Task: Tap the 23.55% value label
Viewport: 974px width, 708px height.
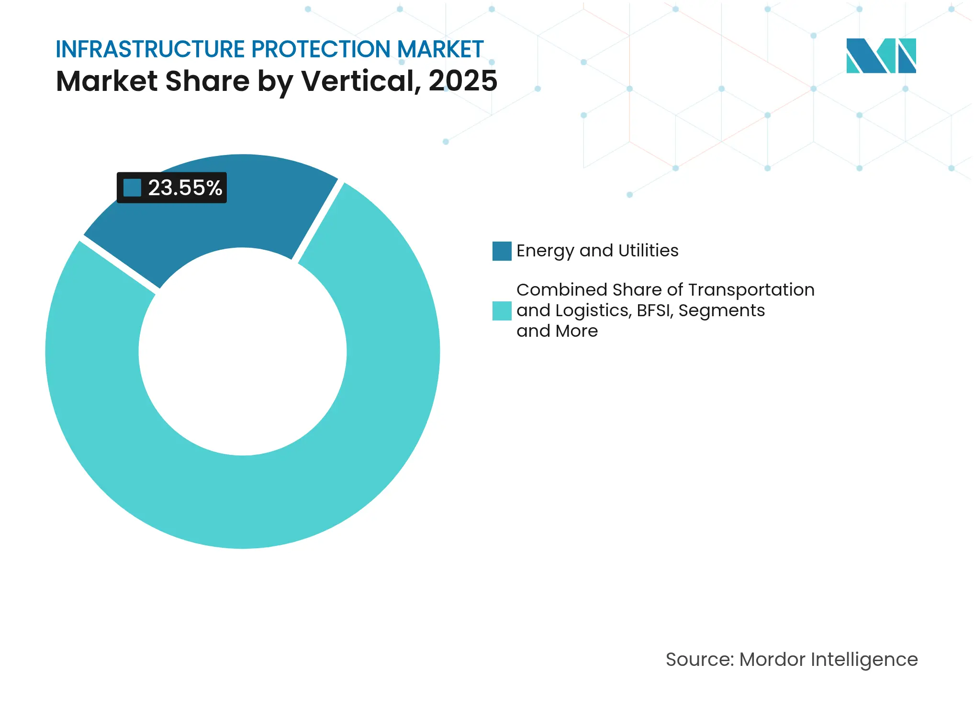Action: (185, 188)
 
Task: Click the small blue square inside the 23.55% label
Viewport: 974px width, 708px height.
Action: (132, 188)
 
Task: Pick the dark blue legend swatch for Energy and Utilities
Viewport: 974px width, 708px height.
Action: (502, 251)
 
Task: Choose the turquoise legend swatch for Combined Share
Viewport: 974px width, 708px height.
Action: (502, 310)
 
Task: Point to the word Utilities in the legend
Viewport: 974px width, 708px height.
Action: (648, 251)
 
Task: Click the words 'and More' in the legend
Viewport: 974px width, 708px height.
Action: (557, 331)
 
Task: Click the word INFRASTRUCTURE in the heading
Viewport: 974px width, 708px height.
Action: (150, 49)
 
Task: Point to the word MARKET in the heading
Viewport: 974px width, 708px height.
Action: (440, 49)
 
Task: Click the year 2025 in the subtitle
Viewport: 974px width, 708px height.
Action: (462, 81)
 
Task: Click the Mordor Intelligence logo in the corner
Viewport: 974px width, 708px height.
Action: (881, 56)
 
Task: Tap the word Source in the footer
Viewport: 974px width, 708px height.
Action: (699, 660)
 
